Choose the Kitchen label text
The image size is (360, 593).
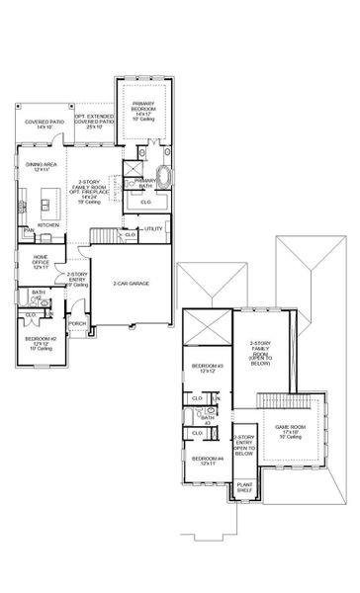coord(48,224)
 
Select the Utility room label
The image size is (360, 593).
coord(154,229)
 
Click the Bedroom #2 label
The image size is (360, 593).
coord(41,342)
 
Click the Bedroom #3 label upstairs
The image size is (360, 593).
coord(207,368)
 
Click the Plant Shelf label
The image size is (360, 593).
coord(244,486)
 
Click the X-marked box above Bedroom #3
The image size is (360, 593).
coord(207,325)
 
